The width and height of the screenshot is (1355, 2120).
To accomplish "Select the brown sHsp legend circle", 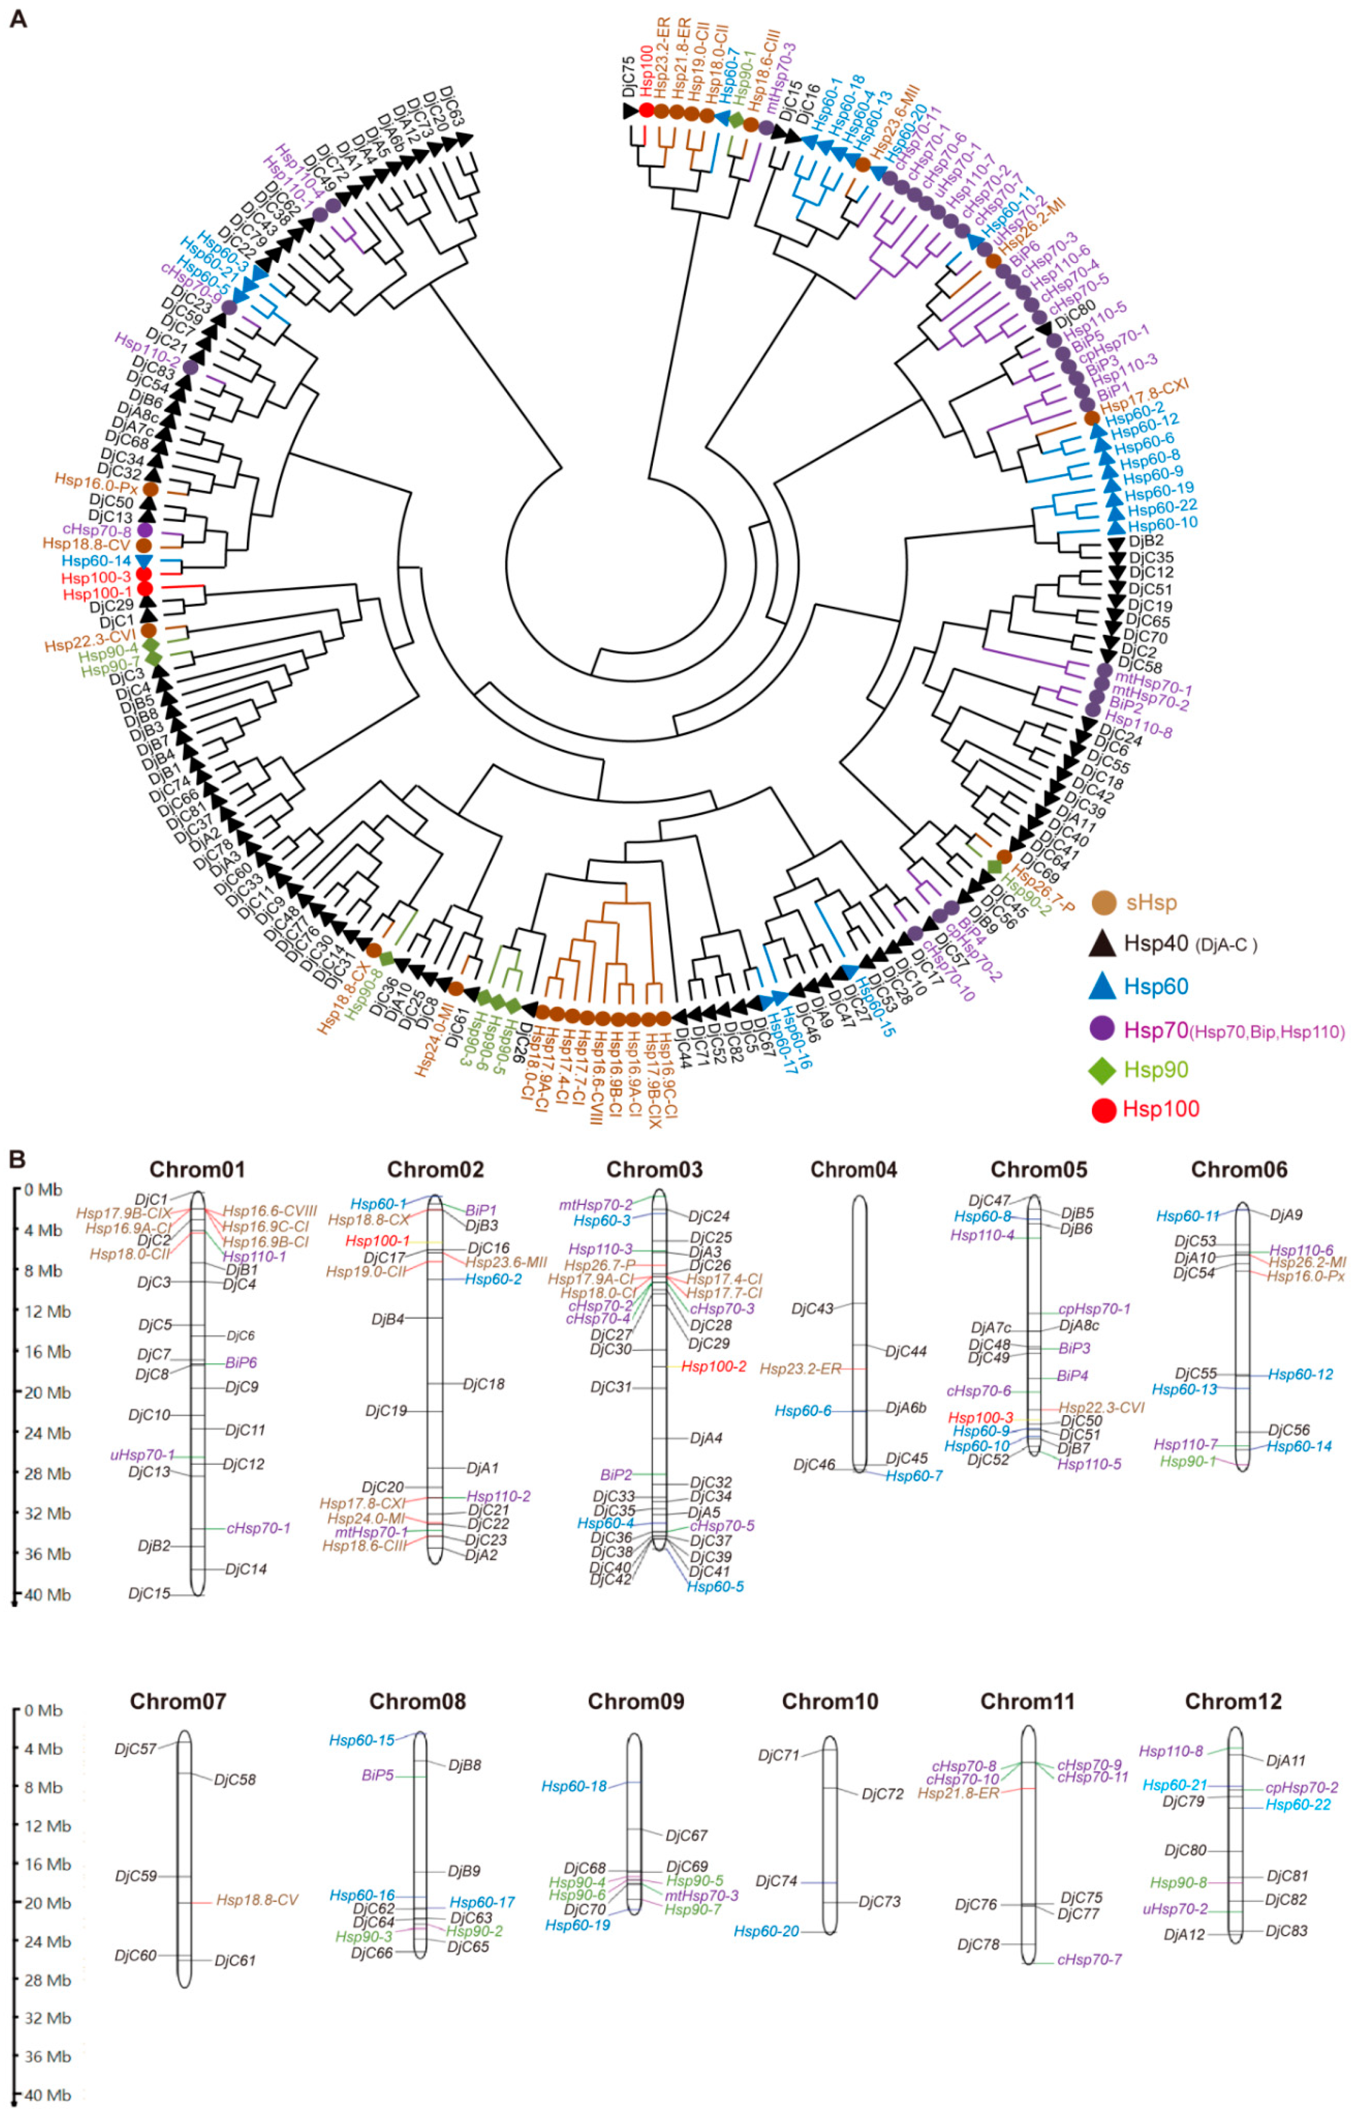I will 1104,903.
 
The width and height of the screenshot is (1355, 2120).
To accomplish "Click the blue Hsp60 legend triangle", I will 1103,986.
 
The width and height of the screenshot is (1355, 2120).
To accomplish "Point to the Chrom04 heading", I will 853,1169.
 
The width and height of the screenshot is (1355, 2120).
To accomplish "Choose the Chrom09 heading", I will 636,1701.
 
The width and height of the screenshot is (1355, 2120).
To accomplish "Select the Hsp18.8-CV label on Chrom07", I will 257,1900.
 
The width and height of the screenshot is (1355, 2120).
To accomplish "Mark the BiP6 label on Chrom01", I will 240,1362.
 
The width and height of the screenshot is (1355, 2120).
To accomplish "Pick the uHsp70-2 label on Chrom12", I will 1175,1909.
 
